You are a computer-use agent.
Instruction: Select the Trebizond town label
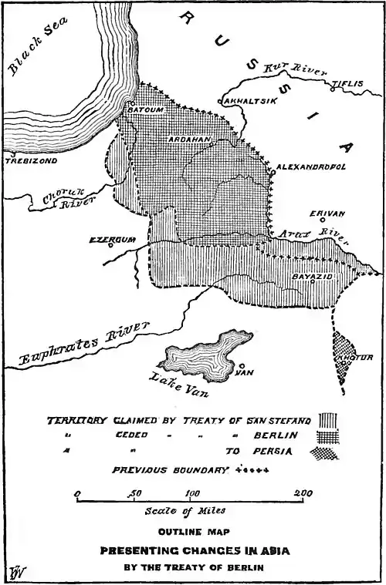tap(25, 162)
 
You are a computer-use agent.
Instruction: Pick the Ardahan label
tap(189, 140)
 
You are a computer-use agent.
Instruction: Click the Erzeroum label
tap(113, 240)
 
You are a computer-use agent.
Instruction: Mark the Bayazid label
tap(311, 275)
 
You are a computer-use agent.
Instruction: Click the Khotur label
tap(356, 358)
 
